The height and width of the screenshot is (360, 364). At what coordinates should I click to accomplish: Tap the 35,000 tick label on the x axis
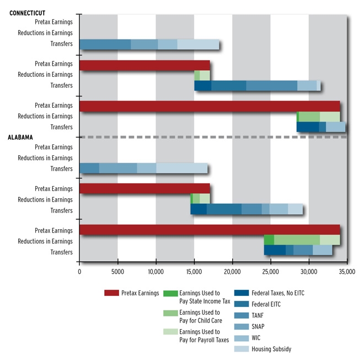point(346,272)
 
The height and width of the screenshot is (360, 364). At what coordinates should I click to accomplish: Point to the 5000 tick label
point(117,272)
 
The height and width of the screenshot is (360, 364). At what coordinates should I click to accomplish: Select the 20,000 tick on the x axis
point(232,272)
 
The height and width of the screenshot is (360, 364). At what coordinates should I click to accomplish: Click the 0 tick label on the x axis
point(79,272)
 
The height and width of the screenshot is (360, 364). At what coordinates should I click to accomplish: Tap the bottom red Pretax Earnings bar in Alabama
point(210,230)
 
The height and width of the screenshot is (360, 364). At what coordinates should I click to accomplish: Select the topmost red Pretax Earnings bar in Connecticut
point(144,65)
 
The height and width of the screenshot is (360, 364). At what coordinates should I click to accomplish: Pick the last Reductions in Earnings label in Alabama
point(45,241)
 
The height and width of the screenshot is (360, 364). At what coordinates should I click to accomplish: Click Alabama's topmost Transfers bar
point(143,168)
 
